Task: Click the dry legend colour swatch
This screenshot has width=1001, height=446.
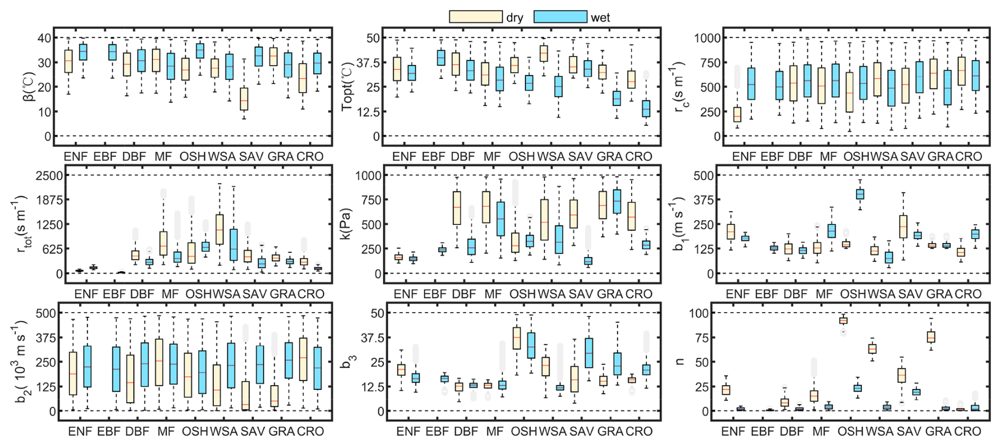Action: point(476,17)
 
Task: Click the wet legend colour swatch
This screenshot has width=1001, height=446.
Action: point(560,17)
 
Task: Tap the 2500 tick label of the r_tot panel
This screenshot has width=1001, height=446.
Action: point(49,175)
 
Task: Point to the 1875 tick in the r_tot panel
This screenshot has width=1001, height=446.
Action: point(49,200)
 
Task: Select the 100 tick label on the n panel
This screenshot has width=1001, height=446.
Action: point(698,313)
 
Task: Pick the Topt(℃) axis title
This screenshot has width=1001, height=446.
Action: point(347,87)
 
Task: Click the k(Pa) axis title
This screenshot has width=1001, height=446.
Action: point(347,225)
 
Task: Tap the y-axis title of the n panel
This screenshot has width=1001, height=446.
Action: point(680,362)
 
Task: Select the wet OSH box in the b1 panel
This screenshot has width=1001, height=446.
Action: point(860,194)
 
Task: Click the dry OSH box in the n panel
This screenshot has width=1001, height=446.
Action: point(843,321)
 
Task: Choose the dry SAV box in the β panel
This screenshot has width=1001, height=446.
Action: point(244,99)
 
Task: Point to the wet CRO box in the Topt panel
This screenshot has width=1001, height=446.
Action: point(646,108)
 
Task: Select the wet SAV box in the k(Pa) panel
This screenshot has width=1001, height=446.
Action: point(588,260)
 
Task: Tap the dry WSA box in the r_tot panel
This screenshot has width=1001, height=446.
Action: point(220,229)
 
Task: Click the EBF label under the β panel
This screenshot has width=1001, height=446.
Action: point(105,157)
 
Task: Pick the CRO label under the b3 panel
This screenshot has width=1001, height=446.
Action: point(639,432)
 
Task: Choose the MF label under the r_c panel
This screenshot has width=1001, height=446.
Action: point(829,157)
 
